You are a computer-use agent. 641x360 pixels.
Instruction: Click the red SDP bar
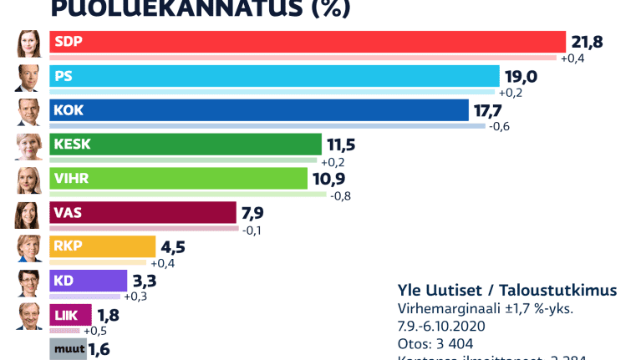[308, 42]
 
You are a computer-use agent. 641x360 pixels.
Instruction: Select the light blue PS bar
[274, 76]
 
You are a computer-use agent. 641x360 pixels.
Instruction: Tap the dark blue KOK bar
[259, 110]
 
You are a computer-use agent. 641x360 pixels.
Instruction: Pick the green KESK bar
[186, 145]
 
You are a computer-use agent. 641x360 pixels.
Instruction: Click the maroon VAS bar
[143, 213]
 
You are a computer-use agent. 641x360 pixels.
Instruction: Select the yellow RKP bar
[103, 246]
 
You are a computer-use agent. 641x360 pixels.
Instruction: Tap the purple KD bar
[89, 281]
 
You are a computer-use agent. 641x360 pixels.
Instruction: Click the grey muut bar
[68, 348]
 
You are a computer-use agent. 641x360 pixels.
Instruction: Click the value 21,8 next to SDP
[587, 42]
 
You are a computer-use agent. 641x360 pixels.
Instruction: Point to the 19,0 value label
[520, 76]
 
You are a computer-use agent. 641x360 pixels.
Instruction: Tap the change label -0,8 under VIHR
[341, 195]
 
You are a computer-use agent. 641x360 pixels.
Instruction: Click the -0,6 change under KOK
[499, 127]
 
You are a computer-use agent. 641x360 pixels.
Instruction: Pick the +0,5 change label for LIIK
[94, 331]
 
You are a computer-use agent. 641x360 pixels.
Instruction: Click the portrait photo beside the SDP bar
[29, 43]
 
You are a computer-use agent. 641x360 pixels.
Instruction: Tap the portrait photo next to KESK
[29, 145]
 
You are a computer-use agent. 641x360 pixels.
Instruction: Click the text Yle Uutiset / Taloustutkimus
[506, 290]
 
